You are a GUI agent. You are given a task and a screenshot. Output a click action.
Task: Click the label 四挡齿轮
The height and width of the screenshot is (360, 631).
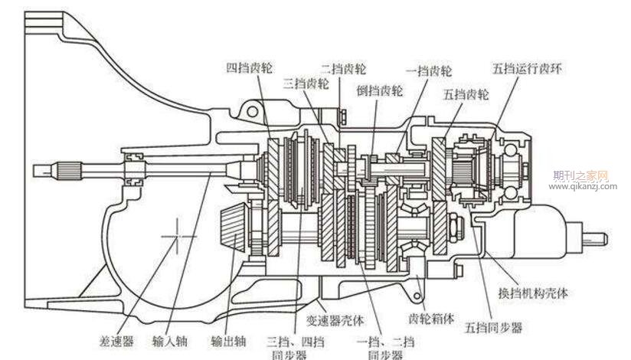click(249, 67)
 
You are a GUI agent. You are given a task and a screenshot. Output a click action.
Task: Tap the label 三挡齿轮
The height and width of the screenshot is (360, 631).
click(306, 83)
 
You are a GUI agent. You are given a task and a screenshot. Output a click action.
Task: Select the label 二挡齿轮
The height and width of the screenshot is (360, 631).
click(343, 68)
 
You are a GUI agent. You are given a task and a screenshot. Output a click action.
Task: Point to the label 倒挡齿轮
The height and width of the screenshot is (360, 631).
click(380, 90)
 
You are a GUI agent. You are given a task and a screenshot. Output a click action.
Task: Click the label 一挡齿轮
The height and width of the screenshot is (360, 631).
click(429, 71)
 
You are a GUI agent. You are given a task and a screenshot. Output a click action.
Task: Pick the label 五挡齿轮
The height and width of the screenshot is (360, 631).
click(466, 95)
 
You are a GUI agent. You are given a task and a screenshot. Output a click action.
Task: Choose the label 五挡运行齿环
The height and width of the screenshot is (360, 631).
click(527, 68)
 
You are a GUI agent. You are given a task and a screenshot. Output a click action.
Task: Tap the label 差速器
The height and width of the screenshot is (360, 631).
click(116, 342)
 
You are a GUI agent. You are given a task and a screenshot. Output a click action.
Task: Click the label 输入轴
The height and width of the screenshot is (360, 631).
click(170, 342)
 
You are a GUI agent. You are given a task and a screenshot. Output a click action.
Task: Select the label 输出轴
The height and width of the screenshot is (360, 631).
click(228, 342)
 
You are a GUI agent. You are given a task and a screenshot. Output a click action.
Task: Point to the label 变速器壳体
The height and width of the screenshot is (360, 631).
click(335, 320)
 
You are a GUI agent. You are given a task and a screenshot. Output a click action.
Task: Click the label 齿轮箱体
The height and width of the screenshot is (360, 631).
click(431, 319)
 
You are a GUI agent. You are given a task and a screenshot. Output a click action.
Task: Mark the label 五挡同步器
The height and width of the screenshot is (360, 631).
click(493, 328)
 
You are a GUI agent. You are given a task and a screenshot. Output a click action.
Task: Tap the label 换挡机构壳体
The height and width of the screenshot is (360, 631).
click(533, 293)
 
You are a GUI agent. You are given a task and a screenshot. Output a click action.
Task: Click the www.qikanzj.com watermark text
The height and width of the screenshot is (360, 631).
click(583, 186)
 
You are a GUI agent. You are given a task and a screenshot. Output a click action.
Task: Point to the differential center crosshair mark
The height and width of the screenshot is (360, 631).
click(178, 237)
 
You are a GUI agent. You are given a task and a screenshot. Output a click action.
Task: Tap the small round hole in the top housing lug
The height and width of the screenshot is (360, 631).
click(252, 112)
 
